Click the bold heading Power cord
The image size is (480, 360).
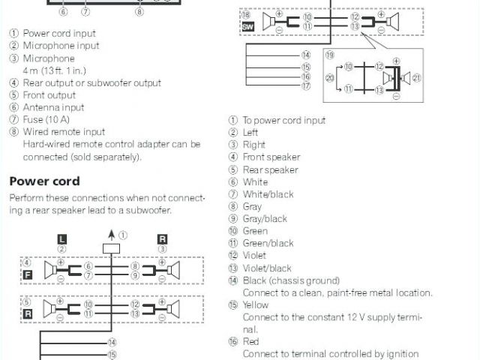(x=44, y=181)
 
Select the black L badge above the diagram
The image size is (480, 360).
(x=62, y=238)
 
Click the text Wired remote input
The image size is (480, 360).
(x=64, y=132)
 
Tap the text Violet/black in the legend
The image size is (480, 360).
(x=267, y=268)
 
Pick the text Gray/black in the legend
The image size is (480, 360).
(x=265, y=219)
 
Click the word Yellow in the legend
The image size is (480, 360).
(x=256, y=305)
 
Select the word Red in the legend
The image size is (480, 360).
(x=250, y=342)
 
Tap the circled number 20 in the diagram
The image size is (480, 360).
(x=329, y=78)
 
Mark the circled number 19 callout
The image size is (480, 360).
(x=330, y=54)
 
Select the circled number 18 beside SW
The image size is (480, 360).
(x=245, y=15)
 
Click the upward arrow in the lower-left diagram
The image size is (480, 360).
(x=112, y=233)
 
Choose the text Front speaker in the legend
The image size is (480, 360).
(x=271, y=157)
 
